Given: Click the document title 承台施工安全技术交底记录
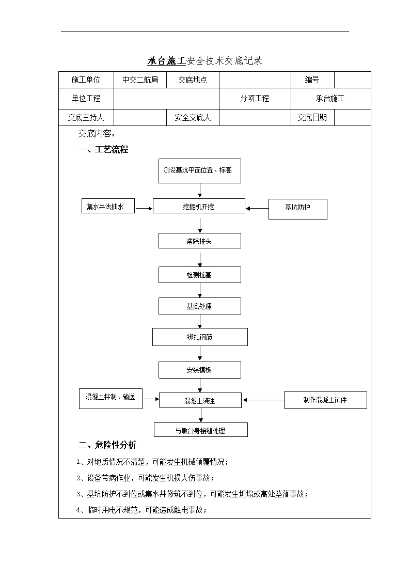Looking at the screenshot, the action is tap(205, 60).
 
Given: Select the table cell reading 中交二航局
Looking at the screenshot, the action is tap(140, 80).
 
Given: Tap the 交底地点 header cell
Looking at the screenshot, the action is tap(193, 80).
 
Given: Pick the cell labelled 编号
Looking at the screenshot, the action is tap(312, 80).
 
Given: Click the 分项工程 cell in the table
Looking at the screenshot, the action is tap(255, 99).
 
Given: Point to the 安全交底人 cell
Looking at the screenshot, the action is tap(193, 118).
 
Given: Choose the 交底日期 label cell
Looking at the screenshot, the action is tap(312, 118).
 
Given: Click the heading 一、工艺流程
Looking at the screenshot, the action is tap(103, 149).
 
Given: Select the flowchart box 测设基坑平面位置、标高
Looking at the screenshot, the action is tap(200, 171).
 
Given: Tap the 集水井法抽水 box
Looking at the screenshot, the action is tap(108, 206).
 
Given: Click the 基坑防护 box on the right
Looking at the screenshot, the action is tap(297, 209).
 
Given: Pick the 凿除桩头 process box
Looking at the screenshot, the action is tap(200, 241).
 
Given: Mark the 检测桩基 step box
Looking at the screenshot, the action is tap(200, 275).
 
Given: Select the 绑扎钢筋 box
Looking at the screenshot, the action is tap(200, 337).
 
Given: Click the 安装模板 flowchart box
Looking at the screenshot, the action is tap(200, 370).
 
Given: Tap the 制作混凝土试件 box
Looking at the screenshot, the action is tap(325, 400).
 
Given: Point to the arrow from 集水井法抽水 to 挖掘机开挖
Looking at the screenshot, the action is tap(144, 209).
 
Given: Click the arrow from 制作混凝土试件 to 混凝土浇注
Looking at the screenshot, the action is tap(263, 400).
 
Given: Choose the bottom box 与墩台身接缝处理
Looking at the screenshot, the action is tap(201, 430).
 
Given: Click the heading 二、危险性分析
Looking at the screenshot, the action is tap(107, 445).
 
